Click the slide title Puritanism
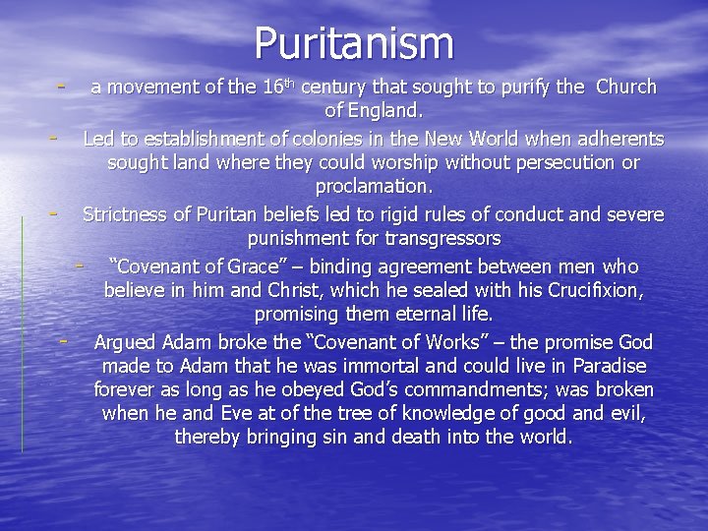[354, 44]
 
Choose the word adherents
[616, 139]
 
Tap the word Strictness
[130, 214]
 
